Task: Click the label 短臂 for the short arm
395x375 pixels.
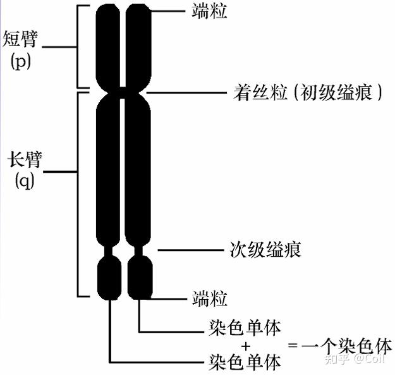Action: [20, 39]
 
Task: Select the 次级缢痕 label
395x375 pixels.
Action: [265, 249]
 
